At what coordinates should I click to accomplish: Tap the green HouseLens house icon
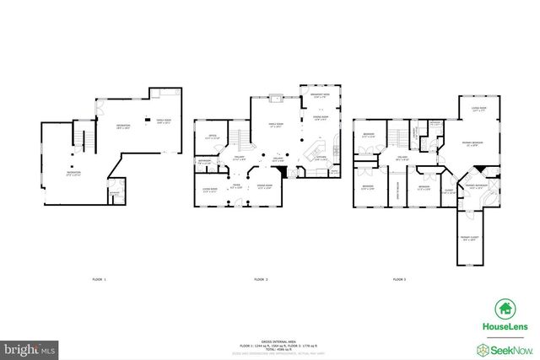505,309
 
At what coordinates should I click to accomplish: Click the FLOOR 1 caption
99,278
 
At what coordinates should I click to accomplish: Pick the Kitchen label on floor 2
321,158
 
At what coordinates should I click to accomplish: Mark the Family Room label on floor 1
164,120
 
